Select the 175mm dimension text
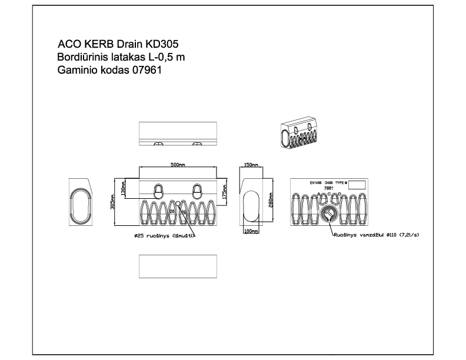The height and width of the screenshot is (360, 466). click(225, 192)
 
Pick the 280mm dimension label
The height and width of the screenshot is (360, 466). click(271, 202)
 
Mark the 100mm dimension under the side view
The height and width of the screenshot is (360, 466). click(251, 231)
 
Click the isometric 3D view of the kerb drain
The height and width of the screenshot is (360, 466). click(303, 136)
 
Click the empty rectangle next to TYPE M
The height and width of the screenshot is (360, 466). click(357, 184)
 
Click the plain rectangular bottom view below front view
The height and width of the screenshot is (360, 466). click(178, 266)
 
